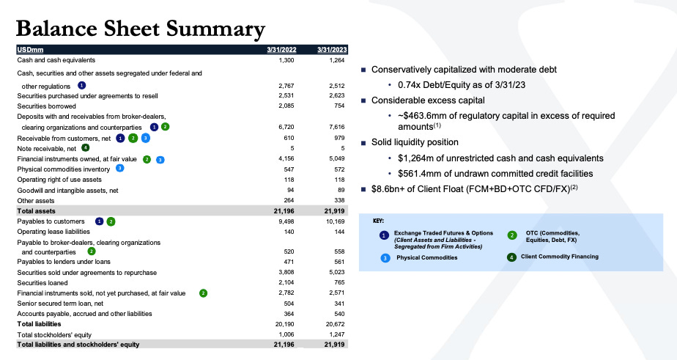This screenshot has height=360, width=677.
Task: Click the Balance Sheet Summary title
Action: click(x=140, y=29)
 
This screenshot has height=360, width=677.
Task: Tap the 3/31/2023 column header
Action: click(x=330, y=49)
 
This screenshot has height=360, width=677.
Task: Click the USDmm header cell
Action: click(x=32, y=49)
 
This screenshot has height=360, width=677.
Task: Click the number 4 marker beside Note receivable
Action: click(x=85, y=148)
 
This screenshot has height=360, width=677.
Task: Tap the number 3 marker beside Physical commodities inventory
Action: click(x=119, y=169)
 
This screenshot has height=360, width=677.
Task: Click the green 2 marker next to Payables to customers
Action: click(x=111, y=221)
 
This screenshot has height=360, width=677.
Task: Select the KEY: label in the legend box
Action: click(x=380, y=220)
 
